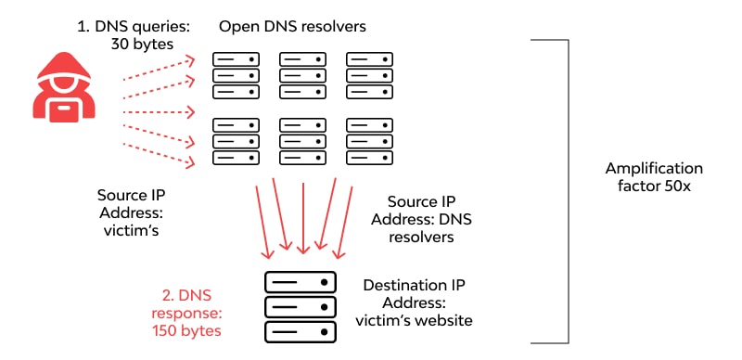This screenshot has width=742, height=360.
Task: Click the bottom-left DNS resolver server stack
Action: point(236,142)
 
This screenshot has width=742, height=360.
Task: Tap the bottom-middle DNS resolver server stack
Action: point(301,142)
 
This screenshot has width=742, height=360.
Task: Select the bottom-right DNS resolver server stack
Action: point(368,142)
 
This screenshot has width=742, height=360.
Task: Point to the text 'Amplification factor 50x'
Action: point(654,177)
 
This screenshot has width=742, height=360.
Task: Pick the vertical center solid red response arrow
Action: point(302,218)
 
